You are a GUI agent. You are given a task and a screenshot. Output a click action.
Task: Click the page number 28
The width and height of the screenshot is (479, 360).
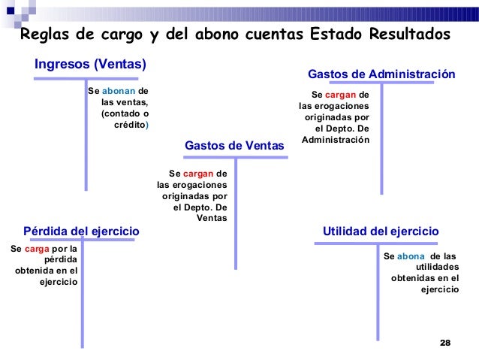pyautogui.click(x=444, y=343)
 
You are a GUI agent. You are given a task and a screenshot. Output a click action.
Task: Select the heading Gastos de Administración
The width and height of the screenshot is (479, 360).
pyautogui.click(x=381, y=74)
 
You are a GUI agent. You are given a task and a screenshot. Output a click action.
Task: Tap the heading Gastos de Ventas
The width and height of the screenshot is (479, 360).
pyautogui.click(x=234, y=145)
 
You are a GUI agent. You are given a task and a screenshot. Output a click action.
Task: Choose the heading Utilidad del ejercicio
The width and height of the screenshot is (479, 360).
pyautogui.click(x=380, y=231)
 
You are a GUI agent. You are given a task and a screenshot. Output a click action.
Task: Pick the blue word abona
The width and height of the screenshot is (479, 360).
pyautogui.click(x=411, y=256)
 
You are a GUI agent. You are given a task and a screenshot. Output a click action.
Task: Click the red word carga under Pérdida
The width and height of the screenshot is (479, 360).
pyautogui.click(x=37, y=247)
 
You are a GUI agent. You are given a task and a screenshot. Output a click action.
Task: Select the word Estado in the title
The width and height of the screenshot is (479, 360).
pyautogui.click(x=334, y=35)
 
